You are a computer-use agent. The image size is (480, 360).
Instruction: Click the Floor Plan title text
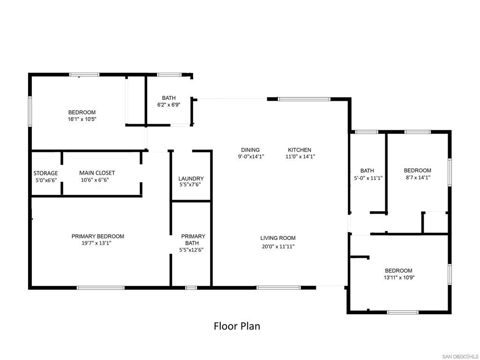point(237,326)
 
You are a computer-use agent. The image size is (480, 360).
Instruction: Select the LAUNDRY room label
point(191,179)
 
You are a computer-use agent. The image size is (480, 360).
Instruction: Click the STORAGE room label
point(45,173)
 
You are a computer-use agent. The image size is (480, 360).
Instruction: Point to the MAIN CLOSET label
point(97,173)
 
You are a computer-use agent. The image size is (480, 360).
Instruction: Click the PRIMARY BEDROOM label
point(97,236)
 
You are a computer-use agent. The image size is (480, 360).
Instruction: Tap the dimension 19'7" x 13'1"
point(96,243)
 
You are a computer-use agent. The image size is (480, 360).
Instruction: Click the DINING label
point(250,150)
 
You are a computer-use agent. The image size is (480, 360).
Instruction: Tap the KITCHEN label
point(300,150)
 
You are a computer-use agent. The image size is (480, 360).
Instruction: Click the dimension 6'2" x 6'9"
point(168,105)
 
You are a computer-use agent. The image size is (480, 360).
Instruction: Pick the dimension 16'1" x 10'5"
point(82,119)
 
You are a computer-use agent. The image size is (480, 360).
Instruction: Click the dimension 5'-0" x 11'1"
point(368,178)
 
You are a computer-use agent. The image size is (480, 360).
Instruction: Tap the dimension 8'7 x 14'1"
point(417,178)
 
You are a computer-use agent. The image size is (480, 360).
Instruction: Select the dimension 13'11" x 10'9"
point(399,277)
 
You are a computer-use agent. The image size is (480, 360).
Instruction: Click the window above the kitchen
point(304,99)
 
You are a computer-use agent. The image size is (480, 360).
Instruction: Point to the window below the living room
point(278,287)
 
